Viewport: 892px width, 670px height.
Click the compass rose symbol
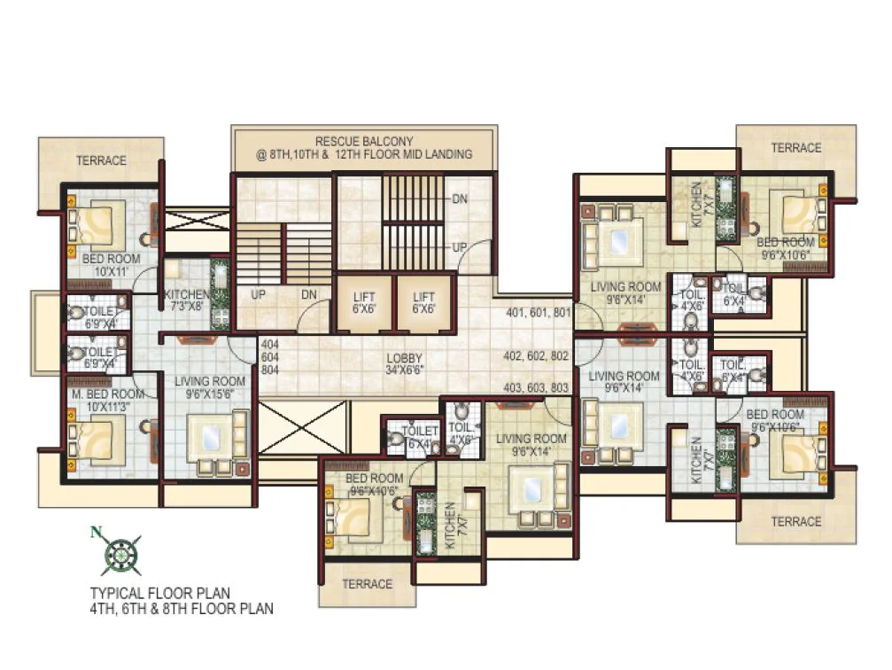[117, 555]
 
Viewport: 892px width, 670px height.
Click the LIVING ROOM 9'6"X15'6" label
[210, 387]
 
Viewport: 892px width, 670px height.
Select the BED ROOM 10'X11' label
[106, 265]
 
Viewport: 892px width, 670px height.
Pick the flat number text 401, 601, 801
[537, 313]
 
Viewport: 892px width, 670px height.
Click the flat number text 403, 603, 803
[537, 387]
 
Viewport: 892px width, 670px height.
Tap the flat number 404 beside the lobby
[269, 342]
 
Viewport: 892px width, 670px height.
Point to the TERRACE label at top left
[101, 160]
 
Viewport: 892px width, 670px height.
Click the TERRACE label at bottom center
[367, 583]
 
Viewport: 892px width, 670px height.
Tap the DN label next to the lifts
[309, 294]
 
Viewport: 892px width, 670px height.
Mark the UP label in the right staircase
[460, 245]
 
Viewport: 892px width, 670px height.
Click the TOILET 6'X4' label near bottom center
[420, 437]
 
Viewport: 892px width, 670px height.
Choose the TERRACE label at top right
[796, 148]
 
